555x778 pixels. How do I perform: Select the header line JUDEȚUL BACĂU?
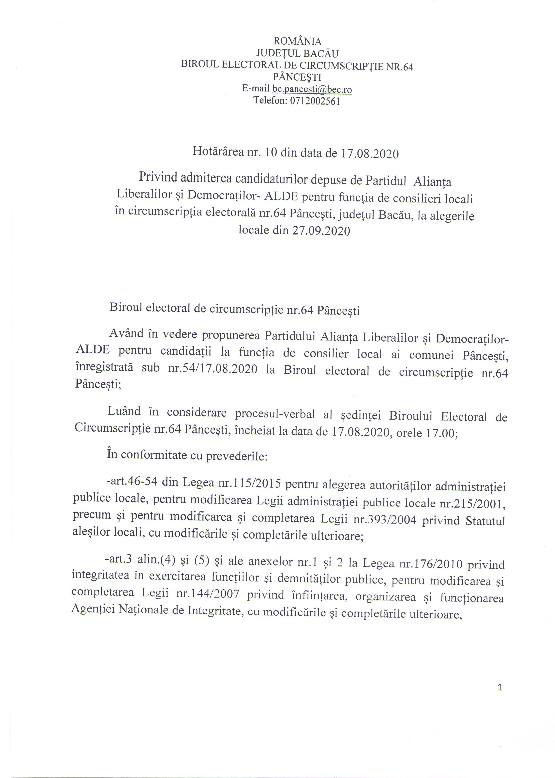(x=297, y=54)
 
